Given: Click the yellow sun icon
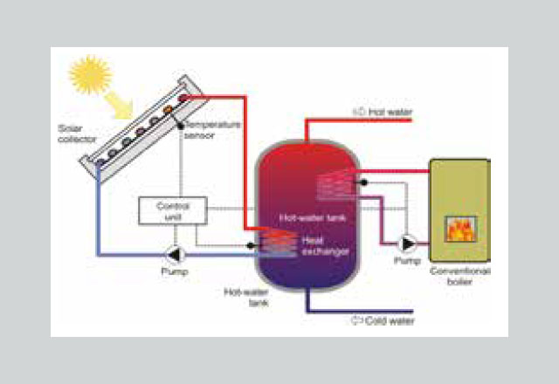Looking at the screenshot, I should tap(89, 77).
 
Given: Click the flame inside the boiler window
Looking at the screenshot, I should tap(459, 230).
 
